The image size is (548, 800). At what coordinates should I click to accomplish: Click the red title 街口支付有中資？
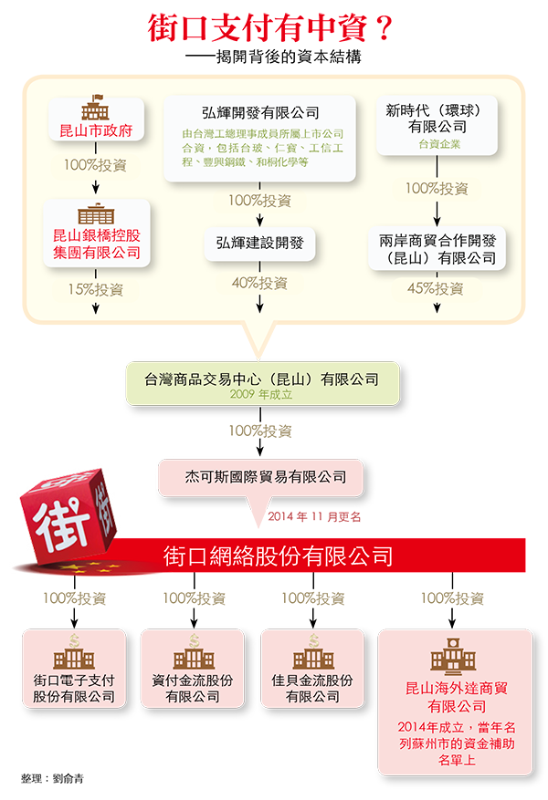pyautogui.click(x=270, y=28)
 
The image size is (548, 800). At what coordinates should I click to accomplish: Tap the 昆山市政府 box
pyautogui.click(x=97, y=119)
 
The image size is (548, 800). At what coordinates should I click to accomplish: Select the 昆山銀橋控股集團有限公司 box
pyautogui.click(x=97, y=234)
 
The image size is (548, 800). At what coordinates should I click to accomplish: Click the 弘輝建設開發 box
pyautogui.click(x=260, y=244)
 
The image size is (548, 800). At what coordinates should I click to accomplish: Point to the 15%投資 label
pyautogui.click(x=96, y=290)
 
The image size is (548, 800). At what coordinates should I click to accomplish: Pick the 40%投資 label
pyautogui.click(x=260, y=283)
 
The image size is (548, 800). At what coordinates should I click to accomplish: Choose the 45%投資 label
pyautogui.click(x=436, y=289)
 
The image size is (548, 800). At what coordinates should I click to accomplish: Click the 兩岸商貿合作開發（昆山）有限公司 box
pyautogui.click(x=437, y=249)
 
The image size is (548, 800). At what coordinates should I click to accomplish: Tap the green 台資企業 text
pyautogui.click(x=439, y=144)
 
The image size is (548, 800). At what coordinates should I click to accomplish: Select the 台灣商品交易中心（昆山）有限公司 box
pyautogui.click(x=262, y=384)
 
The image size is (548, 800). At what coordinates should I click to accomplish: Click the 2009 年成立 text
pyautogui.click(x=261, y=394)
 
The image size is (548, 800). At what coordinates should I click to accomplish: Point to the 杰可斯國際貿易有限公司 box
pyautogui.click(x=261, y=478)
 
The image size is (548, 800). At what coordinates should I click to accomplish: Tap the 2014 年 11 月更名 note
pyautogui.click(x=314, y=517)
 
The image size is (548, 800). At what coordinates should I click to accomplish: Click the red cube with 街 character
pyautogui.click(x=68, y=514)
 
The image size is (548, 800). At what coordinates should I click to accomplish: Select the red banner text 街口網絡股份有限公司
pyautogui.click(x=279, y=556)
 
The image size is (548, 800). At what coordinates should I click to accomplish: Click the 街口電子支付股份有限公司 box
pyautogui.click(x=74, y=669)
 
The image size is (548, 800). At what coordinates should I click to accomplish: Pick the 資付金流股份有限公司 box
pyautogui.click(x=193, y=669)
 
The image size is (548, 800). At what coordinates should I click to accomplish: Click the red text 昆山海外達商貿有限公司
pyautogui.click(x=457, y=698)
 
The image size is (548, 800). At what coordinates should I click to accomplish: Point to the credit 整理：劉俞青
pyautogui.click(x=52, y=779)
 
